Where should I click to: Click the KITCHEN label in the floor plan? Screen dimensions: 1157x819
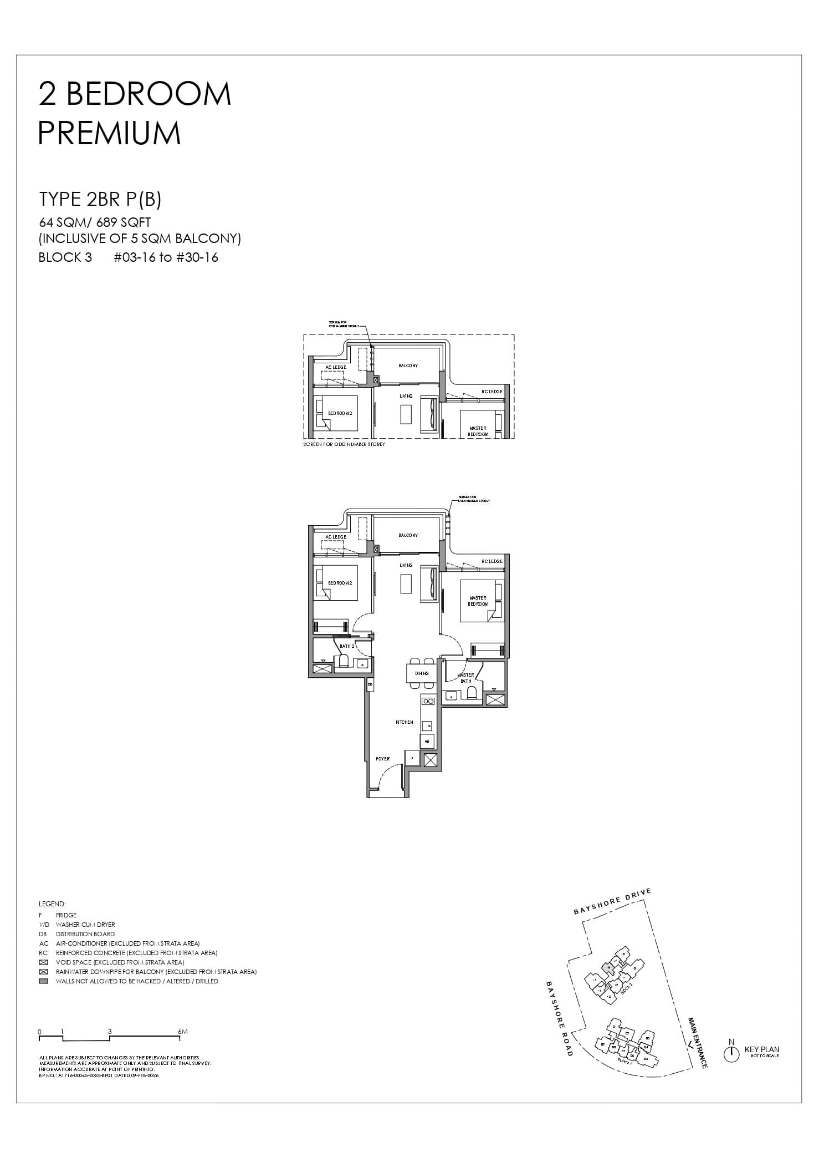pyautogui.click(x=404, y=722)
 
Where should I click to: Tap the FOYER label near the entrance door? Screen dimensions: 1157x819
pyautogui.click(x=382, y=759)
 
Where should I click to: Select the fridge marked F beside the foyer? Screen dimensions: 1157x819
pyautogui.click(x=412, y=758)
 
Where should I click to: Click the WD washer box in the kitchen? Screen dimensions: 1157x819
pyautogui.click(x=427, y=741)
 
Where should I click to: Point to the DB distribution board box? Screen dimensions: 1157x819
pyautogui.click(x=370, y=686)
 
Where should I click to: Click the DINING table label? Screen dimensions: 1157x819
pyautogui.click(x=421, y=673)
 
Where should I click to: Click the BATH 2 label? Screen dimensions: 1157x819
pyautogui.click(x=347, y=646)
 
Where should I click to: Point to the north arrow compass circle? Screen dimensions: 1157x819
pyautogui.click(x=731, y=1054)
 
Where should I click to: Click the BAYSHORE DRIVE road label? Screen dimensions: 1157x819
pyautogui.click(x=612, y=902)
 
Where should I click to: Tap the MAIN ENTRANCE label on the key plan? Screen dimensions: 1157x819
pyautogui.click(x=697, y=1043)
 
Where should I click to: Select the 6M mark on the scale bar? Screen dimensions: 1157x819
pyautogui.click(x=183, y=1032)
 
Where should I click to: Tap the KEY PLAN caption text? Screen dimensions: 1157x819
pyautogui.click(x=761, y=1049)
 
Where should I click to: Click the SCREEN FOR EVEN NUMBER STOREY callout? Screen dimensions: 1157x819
pyautogui.click(x=474, y=499)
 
